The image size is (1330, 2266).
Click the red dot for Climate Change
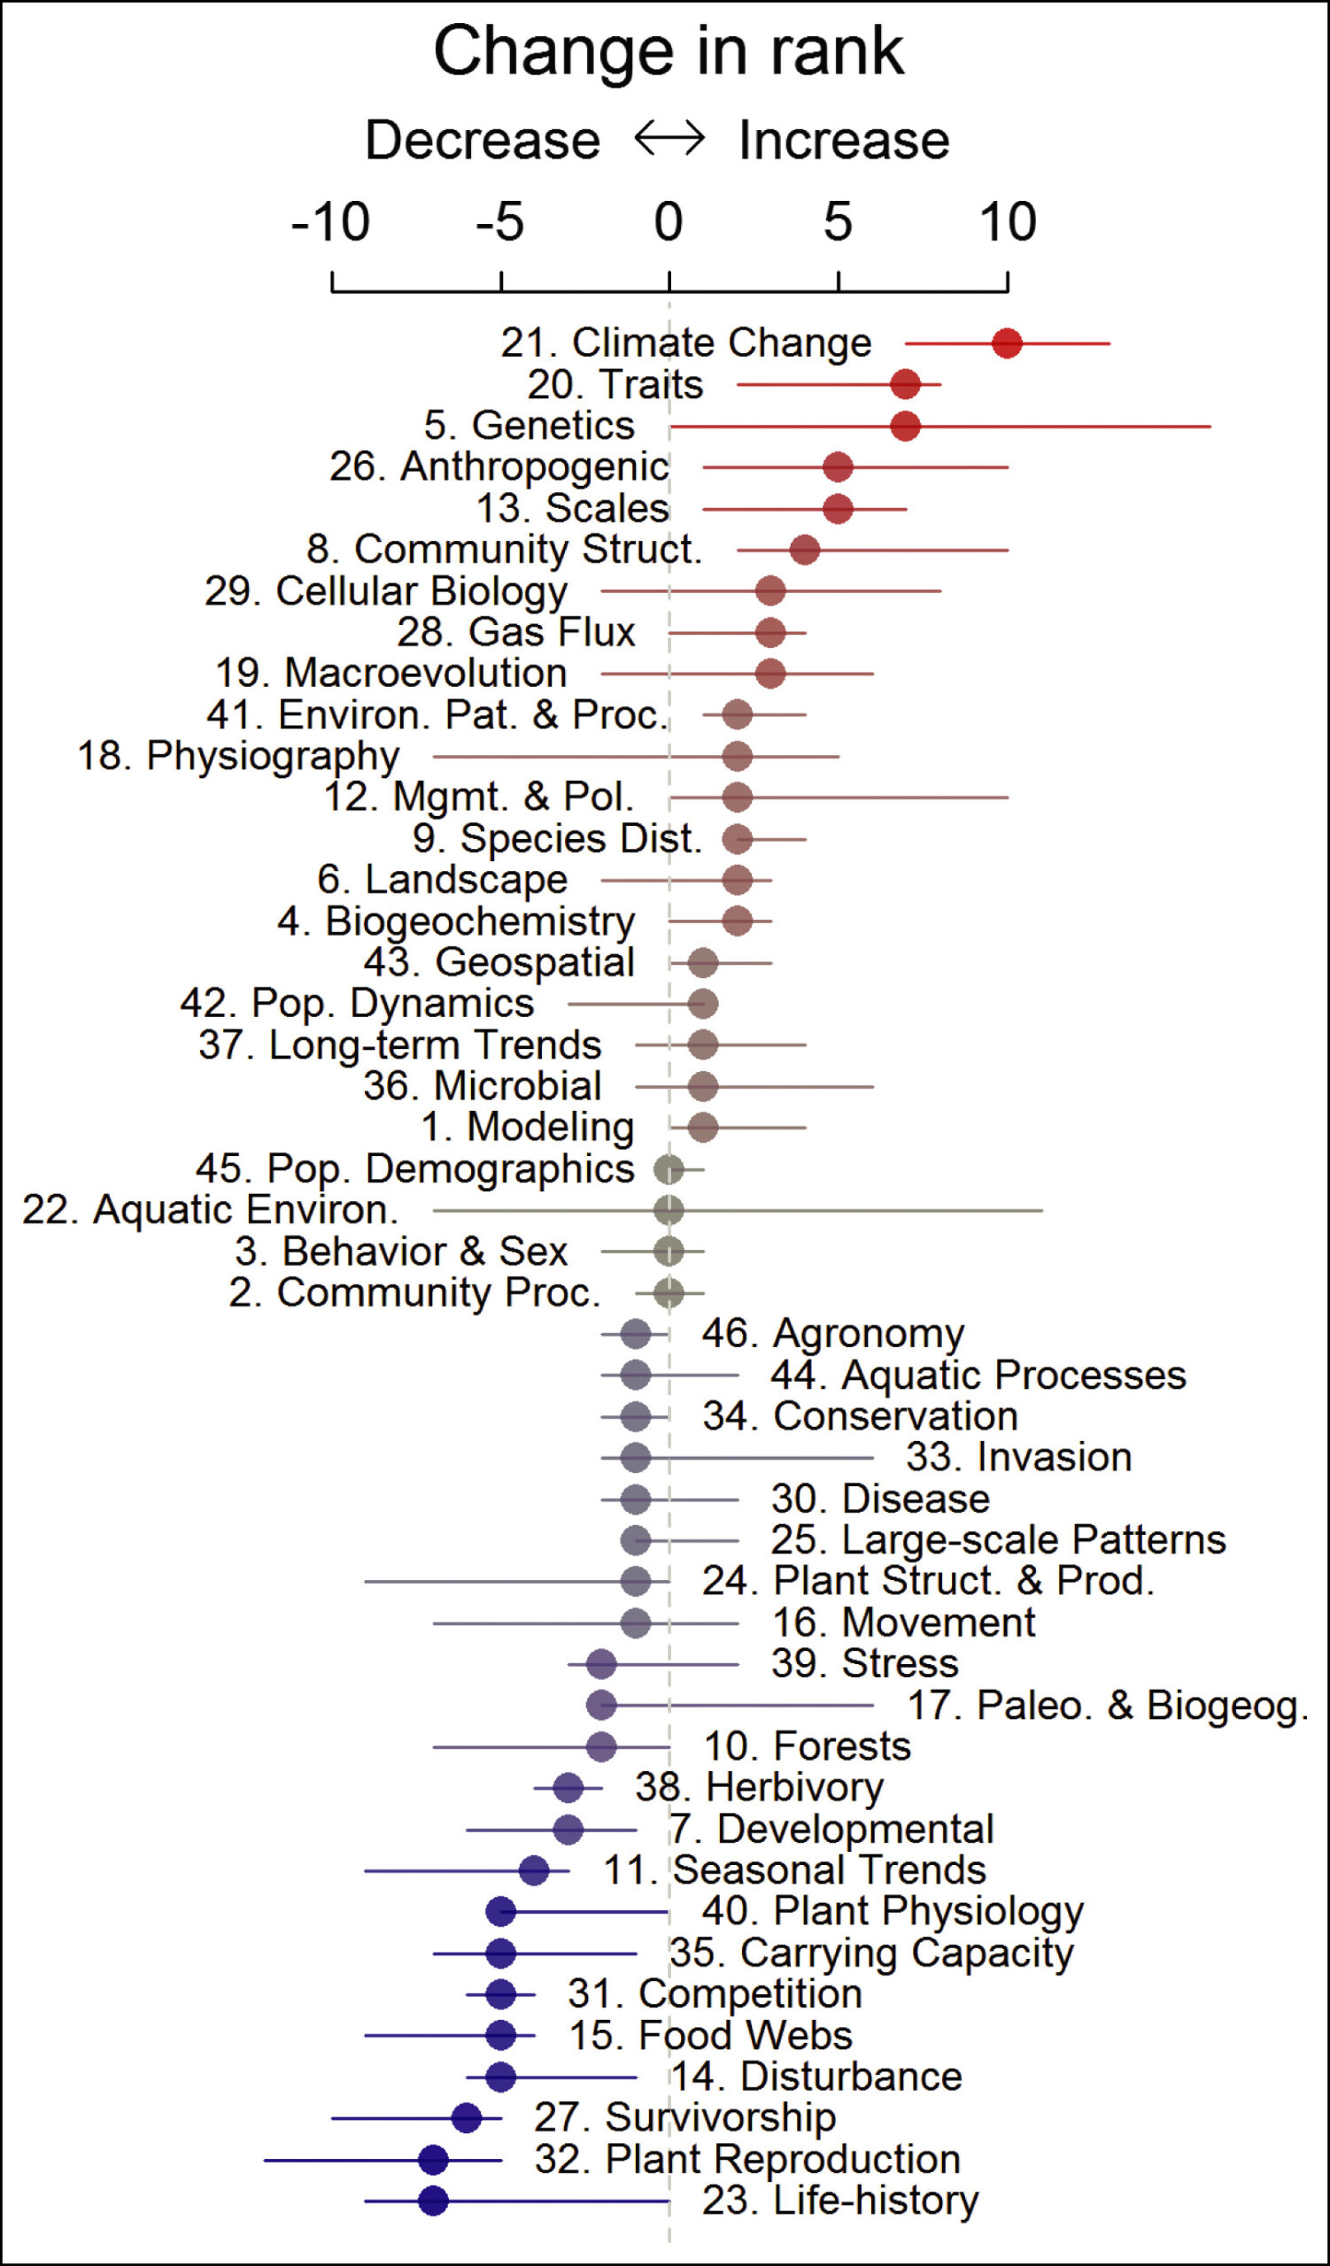tap(1006, 343)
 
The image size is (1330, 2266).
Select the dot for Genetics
tap(906, 426)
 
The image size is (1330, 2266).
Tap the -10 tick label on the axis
tap(330, 222)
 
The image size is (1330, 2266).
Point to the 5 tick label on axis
tap(837, 222)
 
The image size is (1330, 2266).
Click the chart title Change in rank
tap(669, 51)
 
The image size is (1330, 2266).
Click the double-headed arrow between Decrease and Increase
tap(669, 139)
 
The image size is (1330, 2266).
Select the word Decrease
tap(482, 140)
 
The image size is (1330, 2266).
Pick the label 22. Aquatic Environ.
tap(211, 1209)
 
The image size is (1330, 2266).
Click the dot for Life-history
tap(433, 2200)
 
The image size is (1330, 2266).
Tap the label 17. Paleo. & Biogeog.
tap(1107, 1705)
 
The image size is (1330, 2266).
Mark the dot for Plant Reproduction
tap(433, 2159)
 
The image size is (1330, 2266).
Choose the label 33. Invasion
tap(1018, 1457)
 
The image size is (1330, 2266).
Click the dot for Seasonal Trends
tap(534, 1870)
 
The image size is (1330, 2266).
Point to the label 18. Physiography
tap(238, 755)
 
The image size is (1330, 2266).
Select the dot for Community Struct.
tap(805, 550)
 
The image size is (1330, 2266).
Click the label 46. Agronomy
tap(832, 1334)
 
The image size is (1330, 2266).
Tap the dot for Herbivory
tap(568, 1788)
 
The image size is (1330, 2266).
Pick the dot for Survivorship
tap(467, 2117)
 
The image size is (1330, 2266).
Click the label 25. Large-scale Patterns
tap(998, 1539)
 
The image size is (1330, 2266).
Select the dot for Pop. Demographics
tap(669, 1169)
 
